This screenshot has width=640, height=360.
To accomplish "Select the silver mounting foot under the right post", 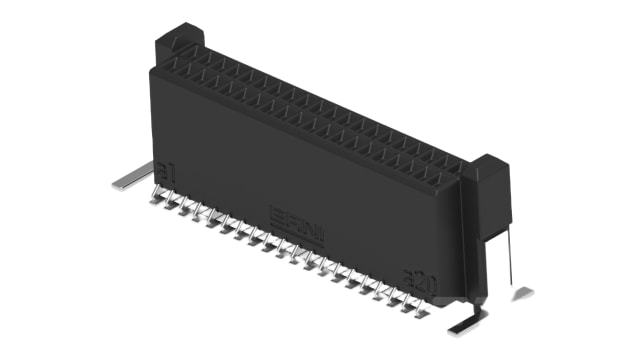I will pyautogui.click(x=466, y=322).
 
